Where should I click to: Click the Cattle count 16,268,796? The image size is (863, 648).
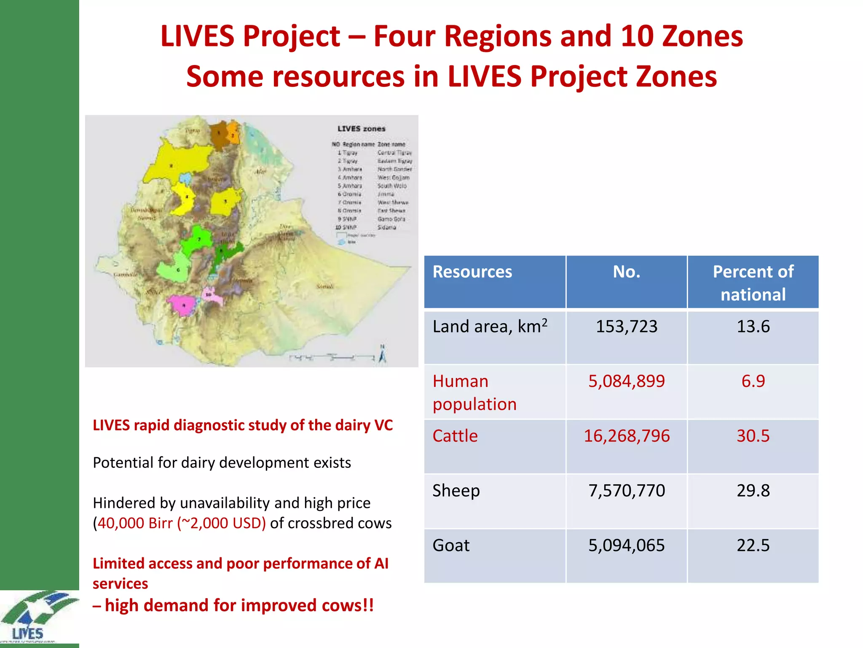coord(626,436)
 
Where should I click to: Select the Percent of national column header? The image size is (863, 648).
coord(753,283)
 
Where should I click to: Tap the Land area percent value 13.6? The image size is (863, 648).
coord(753,327)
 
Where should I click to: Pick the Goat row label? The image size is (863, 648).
coord(451,545)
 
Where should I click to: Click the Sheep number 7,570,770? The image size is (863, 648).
coord(626,491)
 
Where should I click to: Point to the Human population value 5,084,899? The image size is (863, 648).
coord(626,381)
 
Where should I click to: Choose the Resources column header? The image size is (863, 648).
coord(472,272)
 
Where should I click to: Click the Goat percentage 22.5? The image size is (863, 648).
coord(753,545)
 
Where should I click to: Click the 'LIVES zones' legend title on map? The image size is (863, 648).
coord(361,129)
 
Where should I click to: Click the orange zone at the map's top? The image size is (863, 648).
coord(233,133)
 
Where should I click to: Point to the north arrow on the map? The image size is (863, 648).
coord(382,354)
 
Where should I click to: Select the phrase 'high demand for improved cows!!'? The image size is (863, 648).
coord(239,605)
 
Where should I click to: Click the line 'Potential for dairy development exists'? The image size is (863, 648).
coord(222,463)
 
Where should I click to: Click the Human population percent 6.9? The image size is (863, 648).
coord(753,381)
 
